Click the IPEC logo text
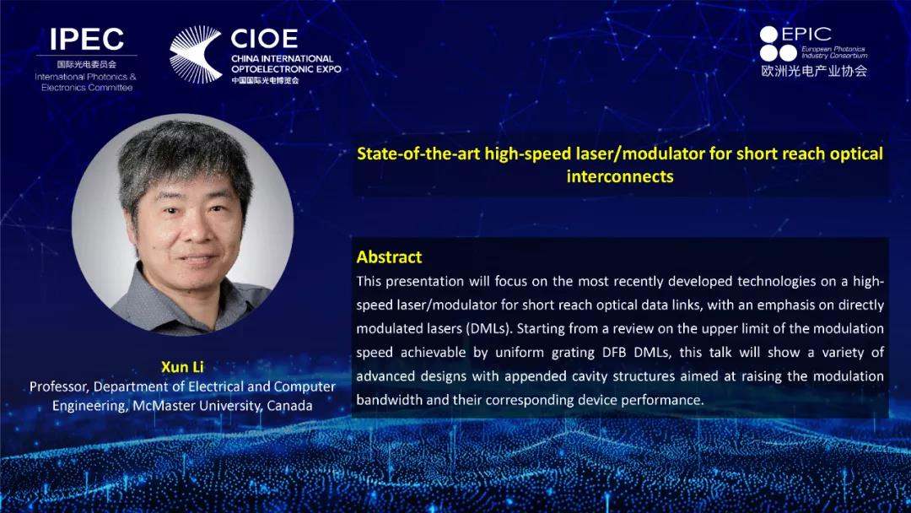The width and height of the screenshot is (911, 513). click(87, 39)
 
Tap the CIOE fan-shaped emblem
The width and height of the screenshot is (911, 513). click(195, 55)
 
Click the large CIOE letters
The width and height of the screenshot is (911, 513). click(264, 39)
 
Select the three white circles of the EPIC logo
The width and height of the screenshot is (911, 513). click(778, 44)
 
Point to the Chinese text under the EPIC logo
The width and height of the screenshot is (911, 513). click(814, 71)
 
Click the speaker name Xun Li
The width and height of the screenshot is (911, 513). click(182, 366)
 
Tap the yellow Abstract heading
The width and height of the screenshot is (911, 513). click(389, 256)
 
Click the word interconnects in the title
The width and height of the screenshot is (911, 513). click(620, 176)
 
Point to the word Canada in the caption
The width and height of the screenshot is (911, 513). click(289, 406)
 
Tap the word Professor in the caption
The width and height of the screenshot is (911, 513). click(59, 387)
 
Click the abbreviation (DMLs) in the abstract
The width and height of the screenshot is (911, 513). click(489, 329)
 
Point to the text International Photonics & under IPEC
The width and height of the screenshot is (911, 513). click(85, 77)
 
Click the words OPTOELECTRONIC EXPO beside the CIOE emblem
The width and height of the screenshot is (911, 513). click(286, 69)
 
